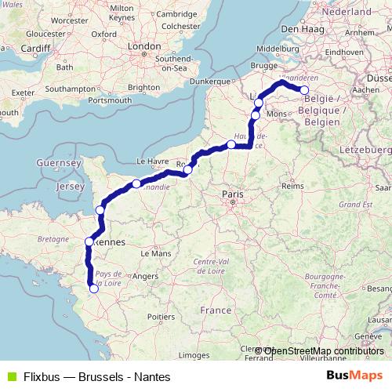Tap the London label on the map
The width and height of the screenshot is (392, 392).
pyautogui.click(x=143, y=47)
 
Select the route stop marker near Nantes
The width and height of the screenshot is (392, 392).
pyautogui.click(x=94, y=289)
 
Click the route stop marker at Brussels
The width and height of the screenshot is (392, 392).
pyautogui.click(x=305, y=90)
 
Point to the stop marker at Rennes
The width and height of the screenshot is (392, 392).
pyautogui.click(x=89, y=241)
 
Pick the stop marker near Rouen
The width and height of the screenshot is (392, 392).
pyautogui.click(x=187, y=169)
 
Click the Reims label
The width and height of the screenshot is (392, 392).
pyautogui.click(x=292, y=187)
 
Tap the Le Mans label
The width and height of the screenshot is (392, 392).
pyautogui.click(x=162, y=253)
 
